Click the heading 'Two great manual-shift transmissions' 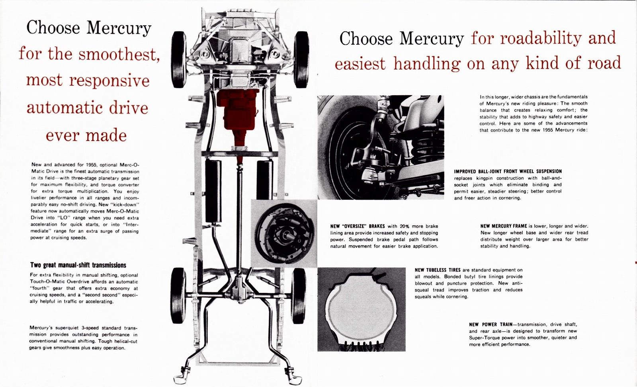tap(78, 265)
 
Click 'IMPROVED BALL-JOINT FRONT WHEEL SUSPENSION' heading tap(508, 171)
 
